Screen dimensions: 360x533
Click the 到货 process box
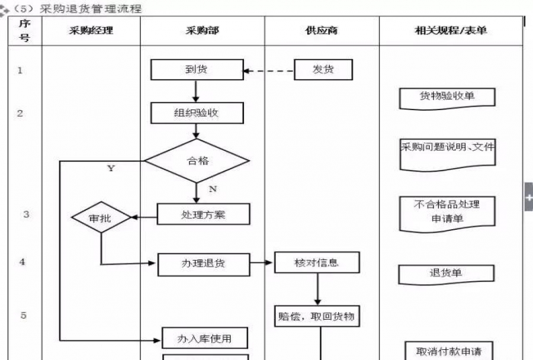(197, 70)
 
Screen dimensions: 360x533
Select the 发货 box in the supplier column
(323, 70)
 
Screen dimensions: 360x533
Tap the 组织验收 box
(197, 112)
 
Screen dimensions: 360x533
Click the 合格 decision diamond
(197, 160)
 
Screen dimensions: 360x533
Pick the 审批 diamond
(101, 217)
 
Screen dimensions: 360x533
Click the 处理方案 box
(203, 214)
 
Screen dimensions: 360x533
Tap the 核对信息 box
(317, 262)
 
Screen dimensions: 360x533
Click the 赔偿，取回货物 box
(317, 316)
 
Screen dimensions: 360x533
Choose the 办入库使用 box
(204, 339)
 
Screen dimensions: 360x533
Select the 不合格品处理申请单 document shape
(447, 212)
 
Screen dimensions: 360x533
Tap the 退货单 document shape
(447, 274)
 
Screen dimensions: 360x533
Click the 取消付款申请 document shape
(448, 351)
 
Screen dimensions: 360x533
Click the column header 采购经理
(91, 30)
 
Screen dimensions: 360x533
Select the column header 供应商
(322, 30)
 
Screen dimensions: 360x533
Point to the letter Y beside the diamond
(111, 168)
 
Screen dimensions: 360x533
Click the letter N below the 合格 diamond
(212, 188)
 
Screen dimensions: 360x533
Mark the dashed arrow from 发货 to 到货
(269, 71)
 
